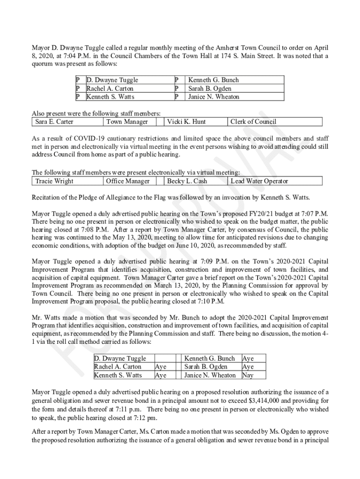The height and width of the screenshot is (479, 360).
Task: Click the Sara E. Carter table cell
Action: [x=54, y=122]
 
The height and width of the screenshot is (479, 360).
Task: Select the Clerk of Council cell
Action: [x=253, y=122]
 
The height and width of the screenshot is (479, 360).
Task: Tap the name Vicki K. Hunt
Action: [x=186, y=122]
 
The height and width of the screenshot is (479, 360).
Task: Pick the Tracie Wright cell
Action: [x=54, y=181]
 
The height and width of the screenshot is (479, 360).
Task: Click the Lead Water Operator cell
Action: [x=259, y=181]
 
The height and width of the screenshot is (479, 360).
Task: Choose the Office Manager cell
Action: [x=128, y=181]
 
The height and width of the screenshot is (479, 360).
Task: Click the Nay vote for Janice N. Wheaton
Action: [x=247, y=375]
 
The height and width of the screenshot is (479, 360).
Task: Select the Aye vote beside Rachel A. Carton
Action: [x=160, y=367]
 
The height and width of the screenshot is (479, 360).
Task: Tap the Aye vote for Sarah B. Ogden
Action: [x=248, y=367]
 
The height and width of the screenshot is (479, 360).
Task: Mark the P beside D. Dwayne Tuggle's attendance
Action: [x=78, y=80]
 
